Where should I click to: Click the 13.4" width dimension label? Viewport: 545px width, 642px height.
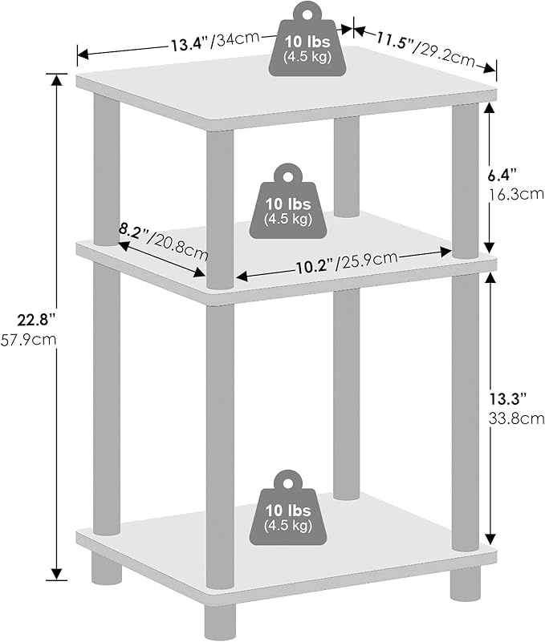[x=190, y=43]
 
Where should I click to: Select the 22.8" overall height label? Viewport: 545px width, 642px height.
[x=36, y=319]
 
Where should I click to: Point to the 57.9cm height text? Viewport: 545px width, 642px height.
[x=28, y=339]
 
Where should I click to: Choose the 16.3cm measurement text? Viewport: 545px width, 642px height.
[x=516, y=194]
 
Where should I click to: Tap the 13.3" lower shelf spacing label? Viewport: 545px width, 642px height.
[x=507, y=398]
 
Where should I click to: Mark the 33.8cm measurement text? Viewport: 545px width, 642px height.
[x=516, y=418]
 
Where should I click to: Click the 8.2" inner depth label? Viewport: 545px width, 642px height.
[x=134, y=232]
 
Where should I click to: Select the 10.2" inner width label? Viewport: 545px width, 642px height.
[x=314, y=267]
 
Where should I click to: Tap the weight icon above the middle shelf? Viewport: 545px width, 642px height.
[x=288, y=201]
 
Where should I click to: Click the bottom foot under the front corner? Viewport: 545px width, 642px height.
[x=221, y=621]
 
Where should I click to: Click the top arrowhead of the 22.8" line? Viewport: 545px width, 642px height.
[x=57, y=79]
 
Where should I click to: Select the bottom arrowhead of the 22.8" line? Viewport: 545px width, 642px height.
[x=57, y=575]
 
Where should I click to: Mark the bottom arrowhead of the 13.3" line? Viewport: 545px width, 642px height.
[x=490, y=539]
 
